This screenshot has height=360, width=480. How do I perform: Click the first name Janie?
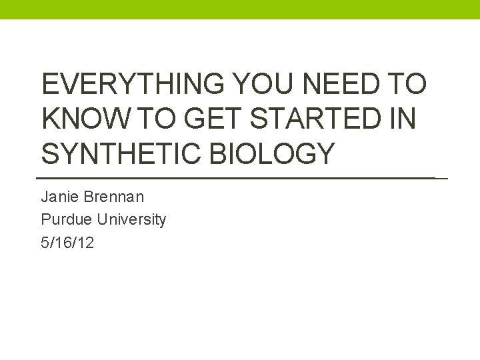click(x=59, y=197)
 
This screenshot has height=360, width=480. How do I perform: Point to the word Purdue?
click(x=67, y=219)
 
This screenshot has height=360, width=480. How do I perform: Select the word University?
click(x=131, y=219)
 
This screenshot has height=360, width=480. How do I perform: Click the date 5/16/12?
click(x=67, y=243)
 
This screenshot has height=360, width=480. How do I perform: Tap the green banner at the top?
click(x=240, y=9)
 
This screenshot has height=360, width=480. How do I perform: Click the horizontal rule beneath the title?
click(x=240, y=179)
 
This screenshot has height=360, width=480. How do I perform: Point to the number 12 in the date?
click(x=86, y=243)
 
